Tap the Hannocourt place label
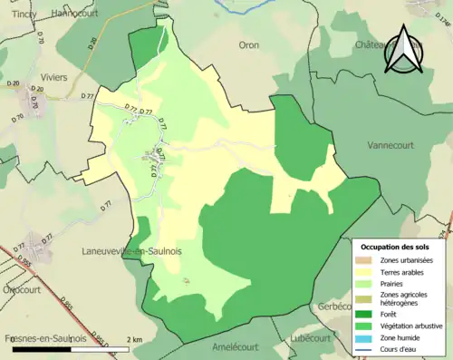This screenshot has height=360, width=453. tap(77, 13)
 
